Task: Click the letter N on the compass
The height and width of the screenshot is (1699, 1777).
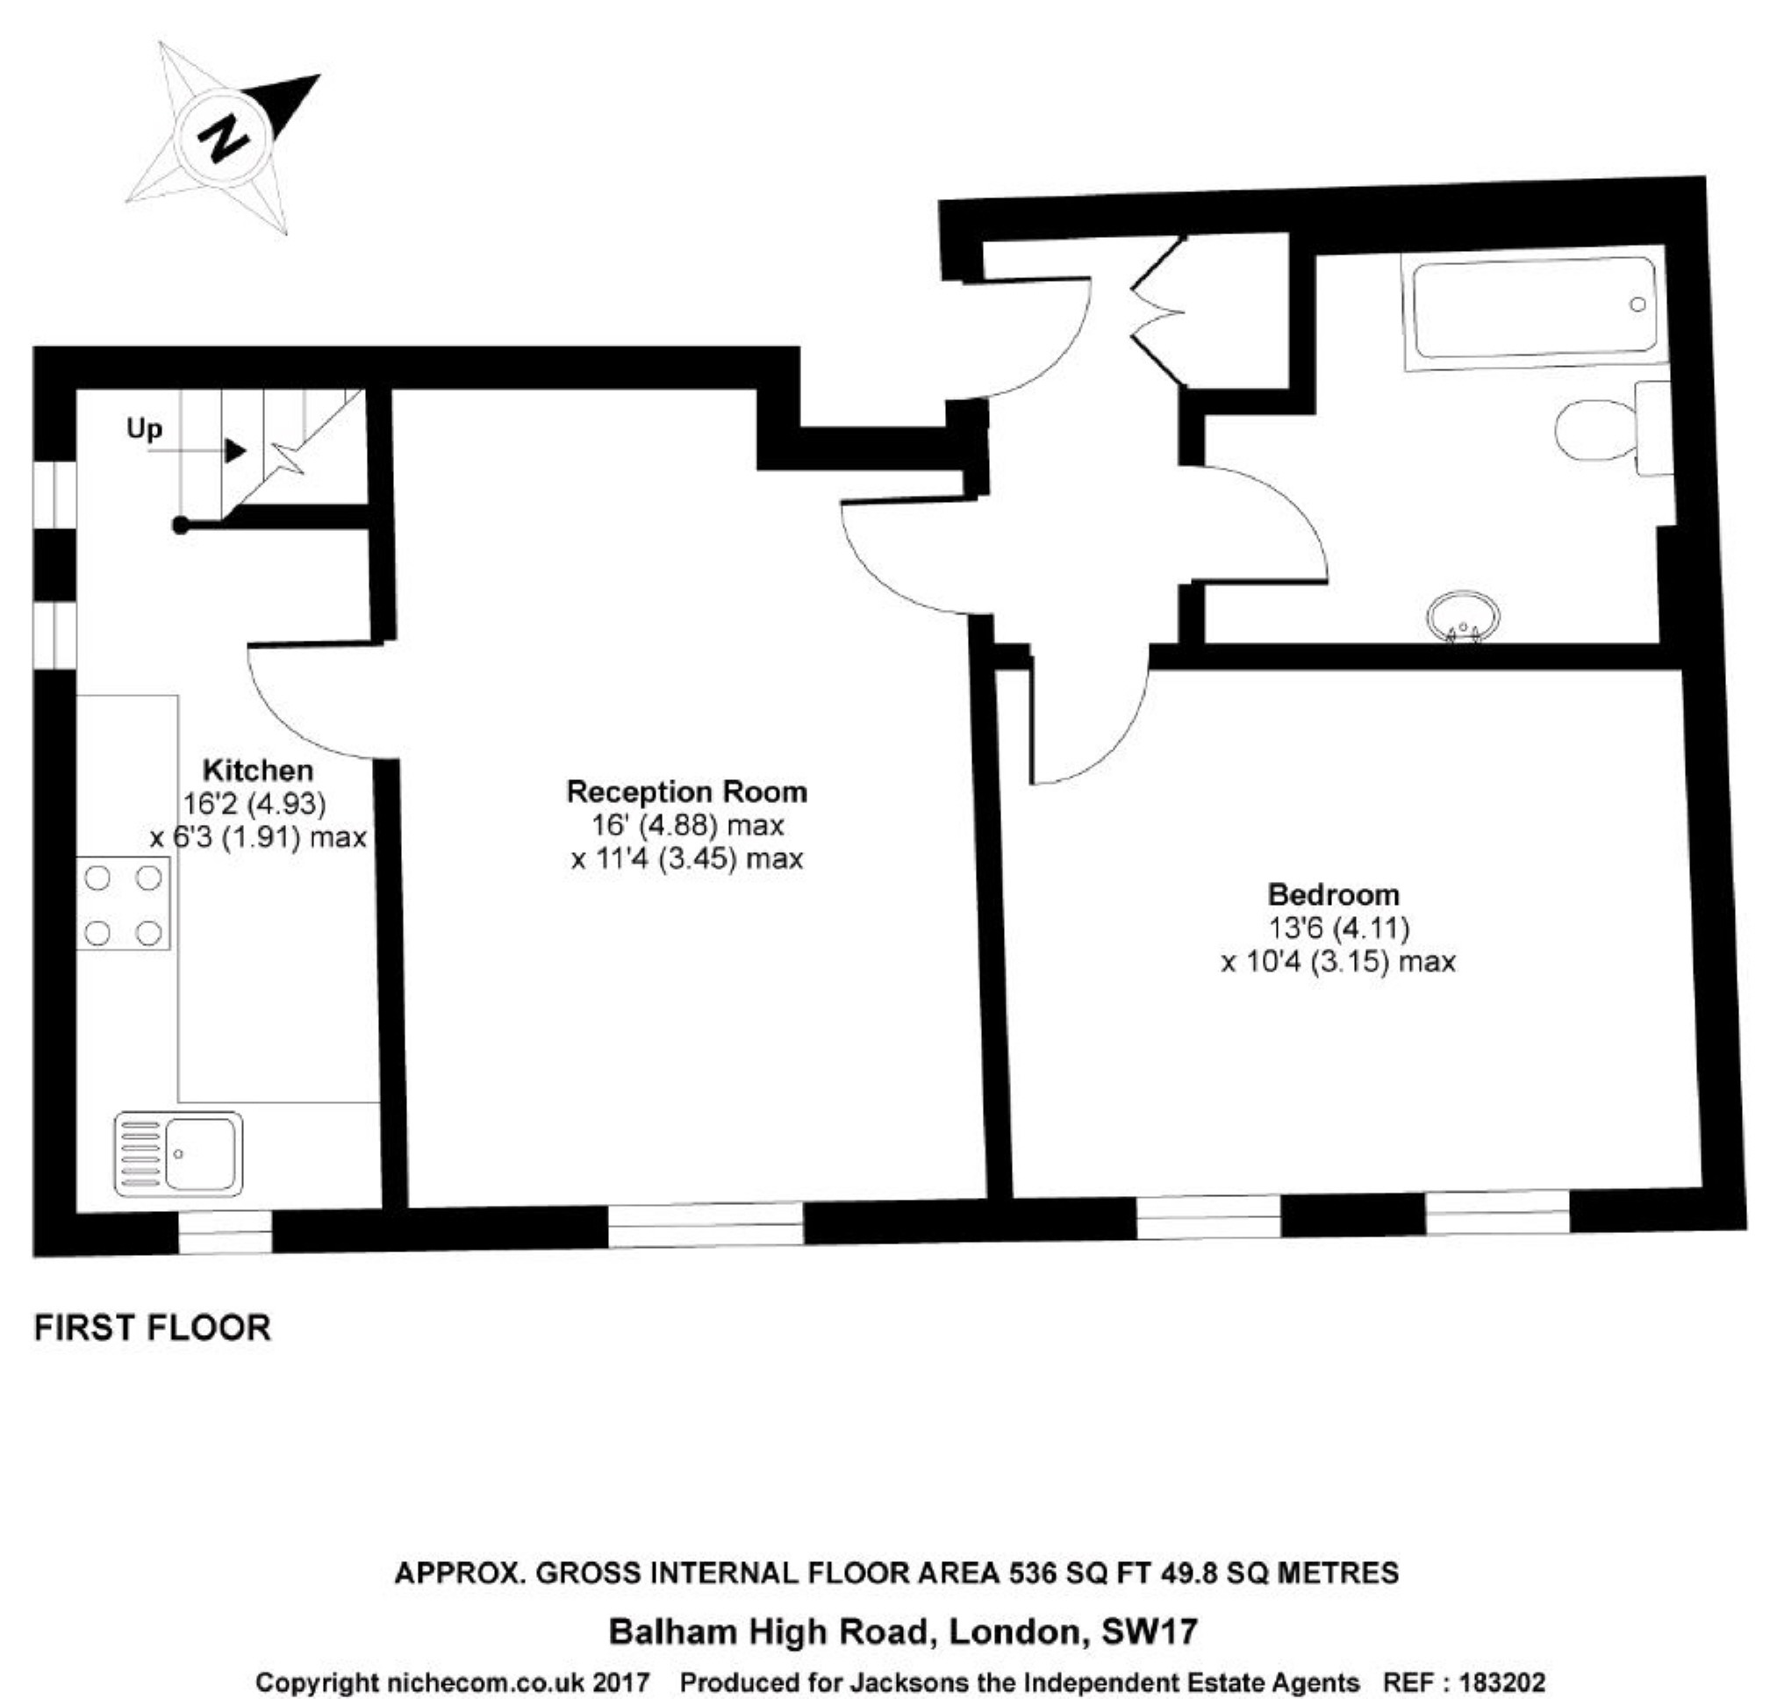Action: click(x=223, y=138)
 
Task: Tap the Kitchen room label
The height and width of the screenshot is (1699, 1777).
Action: click(x=258, y=770)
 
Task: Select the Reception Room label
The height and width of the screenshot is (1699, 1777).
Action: click(x=686, y=792)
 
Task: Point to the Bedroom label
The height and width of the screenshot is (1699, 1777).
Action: click(x=1333, y=895)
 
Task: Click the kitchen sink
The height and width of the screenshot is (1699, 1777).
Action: click(x=178, y=1154)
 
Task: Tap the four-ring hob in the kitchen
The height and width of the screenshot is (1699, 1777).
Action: click(x=123, y=905)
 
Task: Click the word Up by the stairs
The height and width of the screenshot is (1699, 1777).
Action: click(x=145, y=427)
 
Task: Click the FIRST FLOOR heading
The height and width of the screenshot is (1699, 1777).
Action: click(x=152, y=1328)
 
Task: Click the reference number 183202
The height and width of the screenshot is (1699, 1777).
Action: click(x=1502, y=1682)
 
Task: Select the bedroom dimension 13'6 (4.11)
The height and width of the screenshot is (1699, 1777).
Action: click(x=1338, y=928)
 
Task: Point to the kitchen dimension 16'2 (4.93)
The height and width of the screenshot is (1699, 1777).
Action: click(x=254, y=803)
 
